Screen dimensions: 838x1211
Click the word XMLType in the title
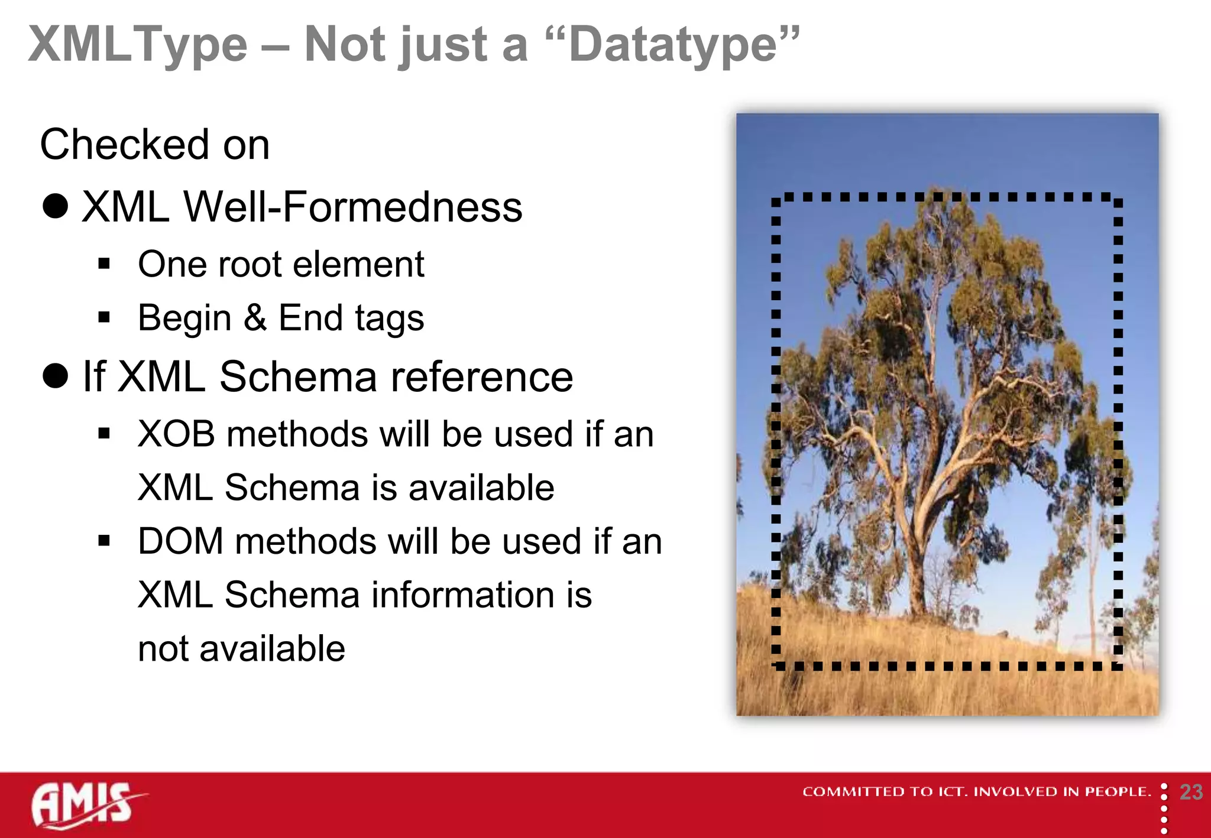click(138, 45)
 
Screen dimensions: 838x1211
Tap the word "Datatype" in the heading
click(672, 45)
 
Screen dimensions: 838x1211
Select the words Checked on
click(155, 145)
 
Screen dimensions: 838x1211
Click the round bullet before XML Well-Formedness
click(56, 206)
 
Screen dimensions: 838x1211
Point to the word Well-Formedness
click(353, 207)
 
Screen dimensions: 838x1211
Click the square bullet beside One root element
click(105, 264)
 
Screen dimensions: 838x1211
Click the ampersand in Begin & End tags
click(255, 317)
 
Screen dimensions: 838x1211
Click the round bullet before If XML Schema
click(56, 376)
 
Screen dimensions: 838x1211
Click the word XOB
click(176, 434)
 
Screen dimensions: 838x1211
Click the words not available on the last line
click(241, 649)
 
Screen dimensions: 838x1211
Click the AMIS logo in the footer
click(86, 805)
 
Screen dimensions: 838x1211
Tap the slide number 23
click(1190, 792)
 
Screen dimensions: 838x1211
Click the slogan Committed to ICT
click(976, 792)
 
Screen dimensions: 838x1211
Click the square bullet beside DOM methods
click(105, 541)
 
